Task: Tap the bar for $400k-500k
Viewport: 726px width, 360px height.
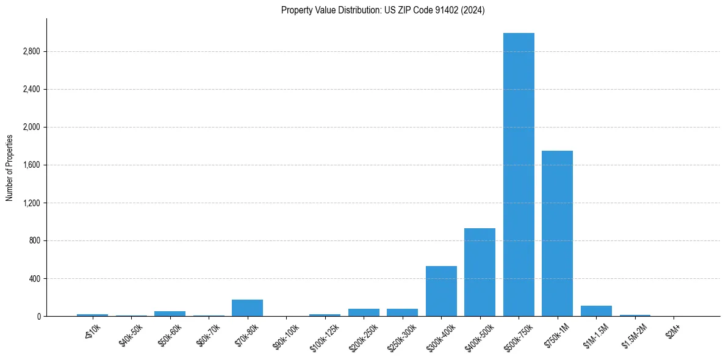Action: point(480,272)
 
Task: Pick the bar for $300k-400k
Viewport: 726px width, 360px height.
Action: point(441,291)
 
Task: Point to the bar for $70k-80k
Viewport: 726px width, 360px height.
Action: point(247,308)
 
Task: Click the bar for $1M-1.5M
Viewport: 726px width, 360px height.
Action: point(596,311)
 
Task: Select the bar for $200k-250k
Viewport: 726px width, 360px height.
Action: point(364,312)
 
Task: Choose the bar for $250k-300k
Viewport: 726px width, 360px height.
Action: point(402,312)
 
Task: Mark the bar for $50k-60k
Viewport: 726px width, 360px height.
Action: point(170,313)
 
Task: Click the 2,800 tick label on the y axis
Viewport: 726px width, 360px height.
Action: point(31,52)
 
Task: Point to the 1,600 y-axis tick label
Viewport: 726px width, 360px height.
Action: point(31,165)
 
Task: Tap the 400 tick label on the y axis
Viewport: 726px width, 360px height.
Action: point(34,279)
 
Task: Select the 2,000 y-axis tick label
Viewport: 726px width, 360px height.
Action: point(31,128)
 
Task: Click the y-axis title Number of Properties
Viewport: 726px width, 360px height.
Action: point(10,167)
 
